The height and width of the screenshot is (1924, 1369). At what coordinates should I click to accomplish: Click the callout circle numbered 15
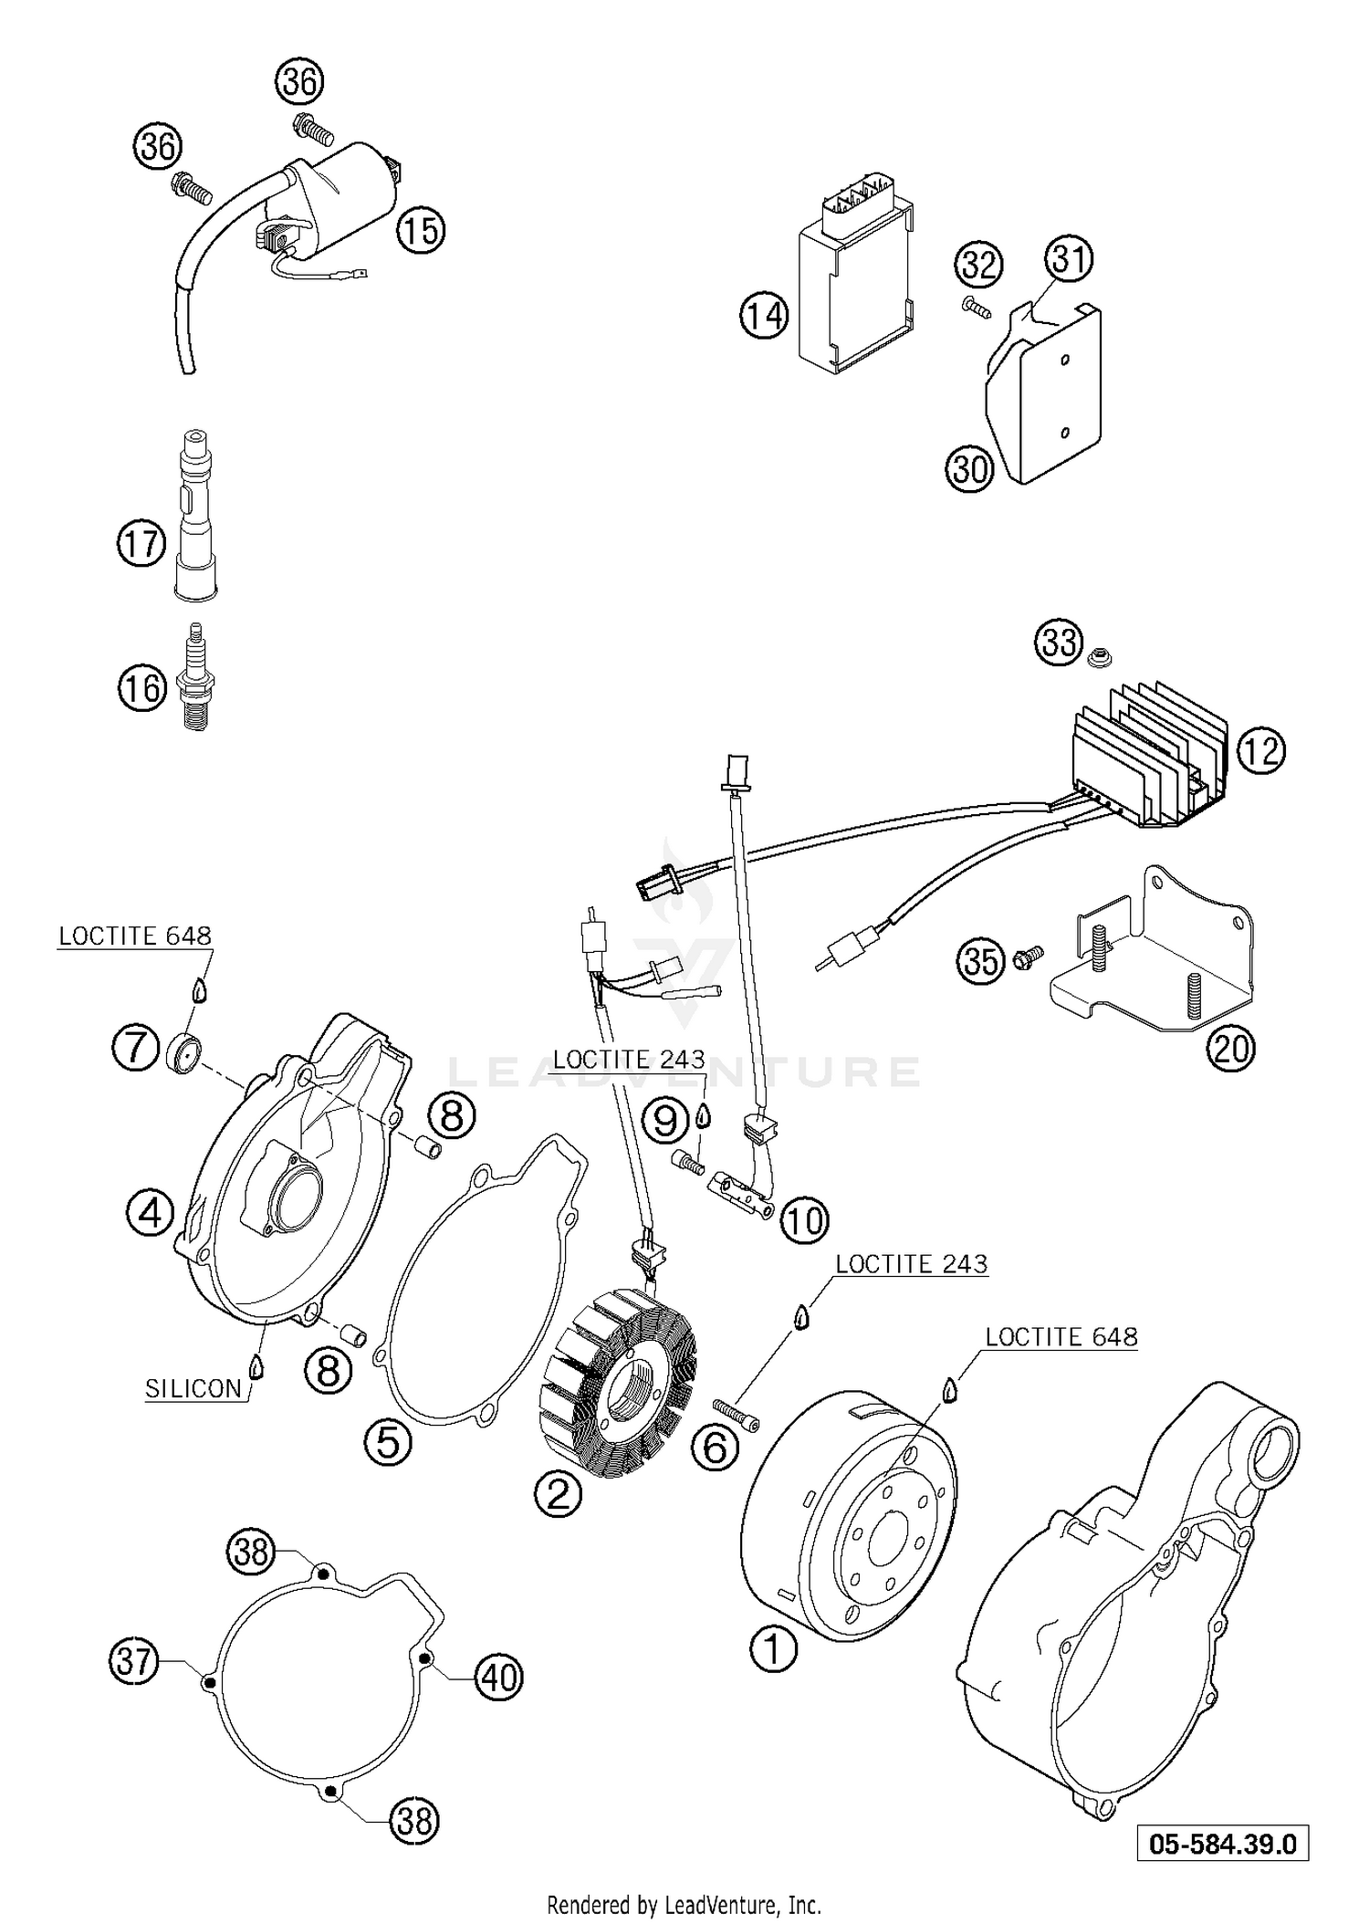[x=421, y=230]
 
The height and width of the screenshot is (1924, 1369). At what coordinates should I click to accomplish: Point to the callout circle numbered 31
[x=1069, y=260]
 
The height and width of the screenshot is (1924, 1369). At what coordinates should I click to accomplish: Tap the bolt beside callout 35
[x=1026, y=959]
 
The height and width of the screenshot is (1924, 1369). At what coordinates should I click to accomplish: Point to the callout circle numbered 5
[x=388, y=1442]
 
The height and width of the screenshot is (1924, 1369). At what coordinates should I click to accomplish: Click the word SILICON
[x=193, y=1388]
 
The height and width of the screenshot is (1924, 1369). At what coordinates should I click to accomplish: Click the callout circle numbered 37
[x=133, y=1661]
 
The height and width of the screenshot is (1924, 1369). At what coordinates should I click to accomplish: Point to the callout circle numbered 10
[x=803, y=1219]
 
